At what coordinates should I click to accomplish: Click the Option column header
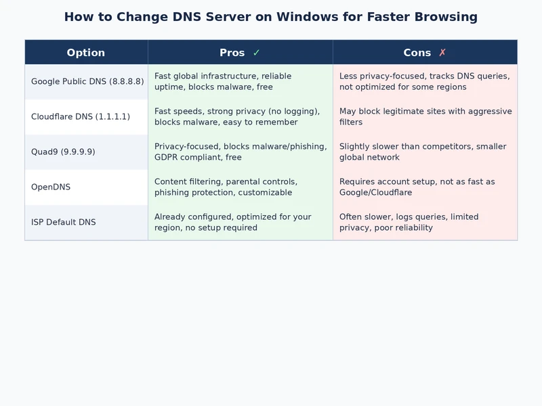pos(86,53)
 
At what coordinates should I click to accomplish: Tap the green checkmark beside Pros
pos(256,53)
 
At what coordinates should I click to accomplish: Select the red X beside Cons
pos(442,53)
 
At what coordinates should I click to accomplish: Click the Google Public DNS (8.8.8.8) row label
pos(87,81)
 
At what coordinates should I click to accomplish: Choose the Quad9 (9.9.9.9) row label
pos(63,152)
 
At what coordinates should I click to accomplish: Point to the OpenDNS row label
pos(51,187)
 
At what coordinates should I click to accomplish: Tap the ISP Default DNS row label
pos(64,222)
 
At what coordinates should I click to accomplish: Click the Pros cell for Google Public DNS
pos(240,81)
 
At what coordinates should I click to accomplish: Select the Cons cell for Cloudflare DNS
pos(425,116)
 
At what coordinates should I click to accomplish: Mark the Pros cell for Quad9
pos(240,152)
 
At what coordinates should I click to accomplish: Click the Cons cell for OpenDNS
pos(425,187)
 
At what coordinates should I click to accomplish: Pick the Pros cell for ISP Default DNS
pos(240,222)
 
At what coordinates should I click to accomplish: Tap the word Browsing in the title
pos(443,17)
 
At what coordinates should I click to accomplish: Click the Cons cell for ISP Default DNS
pos(425,222)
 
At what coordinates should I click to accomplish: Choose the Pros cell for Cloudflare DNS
pos(240,116)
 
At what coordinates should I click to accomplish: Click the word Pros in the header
pos(232,53)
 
